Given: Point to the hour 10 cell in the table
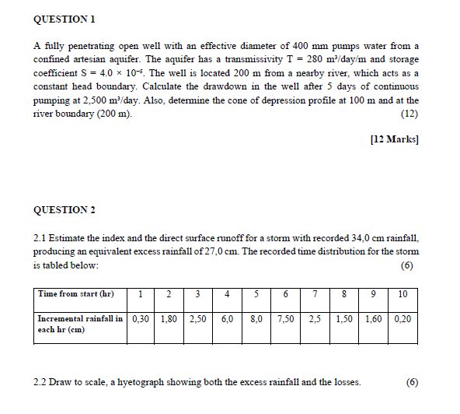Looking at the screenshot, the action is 402,294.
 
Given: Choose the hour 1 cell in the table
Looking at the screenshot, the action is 141,294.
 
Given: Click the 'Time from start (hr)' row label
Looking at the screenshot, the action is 75,294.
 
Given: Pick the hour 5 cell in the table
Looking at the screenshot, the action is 256,294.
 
